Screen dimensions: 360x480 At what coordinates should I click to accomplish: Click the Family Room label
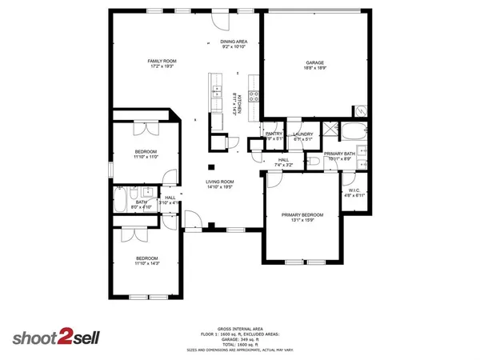click(x=161, y=61)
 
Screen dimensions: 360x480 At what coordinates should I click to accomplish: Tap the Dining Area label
click(x=234, y=41)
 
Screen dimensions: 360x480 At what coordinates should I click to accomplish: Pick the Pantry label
click(x=274, y=134)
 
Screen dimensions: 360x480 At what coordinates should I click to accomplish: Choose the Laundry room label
click(x=302, y=134)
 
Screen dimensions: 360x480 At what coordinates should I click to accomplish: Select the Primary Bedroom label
click(x=302, y=214)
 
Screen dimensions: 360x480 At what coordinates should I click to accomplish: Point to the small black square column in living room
click(x=210, y=167)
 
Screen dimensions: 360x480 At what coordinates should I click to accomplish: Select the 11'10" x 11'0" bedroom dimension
click(x=145, y=157)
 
